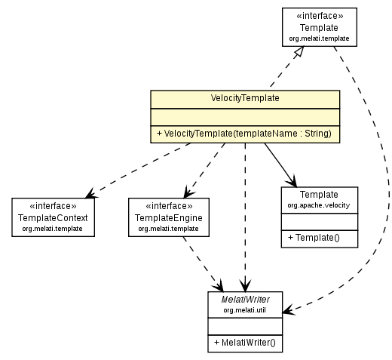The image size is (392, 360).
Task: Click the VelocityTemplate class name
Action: pyautogui.click(x=245, y=98)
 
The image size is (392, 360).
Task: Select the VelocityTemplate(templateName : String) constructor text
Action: pyautogui.click(x=245, y=134)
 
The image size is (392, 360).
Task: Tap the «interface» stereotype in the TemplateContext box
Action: pyautogui.click(x=53, y=206)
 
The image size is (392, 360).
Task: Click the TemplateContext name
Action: pyautogui.click(x=53, y=217)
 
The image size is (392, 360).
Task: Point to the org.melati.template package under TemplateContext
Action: pyautogui.click(x=53, y=228)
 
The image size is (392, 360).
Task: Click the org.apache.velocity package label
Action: pyautogui.click(x=319, y=205)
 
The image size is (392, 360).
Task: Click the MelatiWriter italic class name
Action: pyautogui.click(x=247, y=299)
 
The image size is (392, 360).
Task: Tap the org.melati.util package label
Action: pyautogui.click(x=247, y=309)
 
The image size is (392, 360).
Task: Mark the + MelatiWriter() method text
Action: pyautogui.click(x=247, y=342)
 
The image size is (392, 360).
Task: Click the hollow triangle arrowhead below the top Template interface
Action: pyautogui.click(x=300, y=52)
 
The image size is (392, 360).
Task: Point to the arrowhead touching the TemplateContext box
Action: pyautogui.click(x=90, y=193)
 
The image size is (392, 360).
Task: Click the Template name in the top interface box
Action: pyautogui.click(x=319, y=26)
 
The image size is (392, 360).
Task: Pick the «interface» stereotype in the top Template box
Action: pyautogui.click(x=319, y=15)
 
